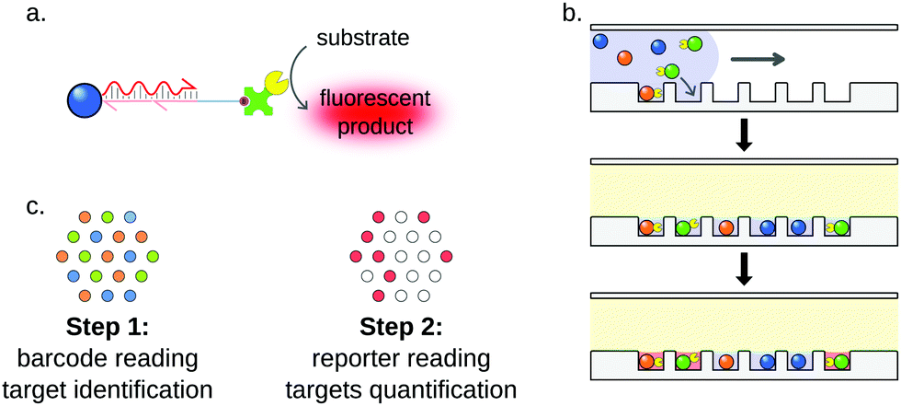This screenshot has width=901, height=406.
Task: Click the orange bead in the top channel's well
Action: (x=647, y=94)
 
